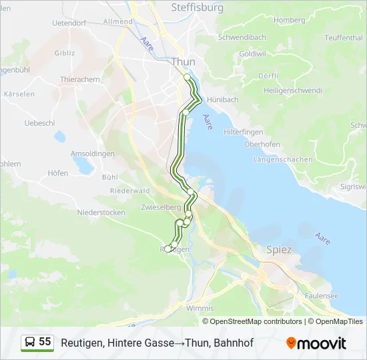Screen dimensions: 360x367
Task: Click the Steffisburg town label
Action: pyautogui.click(x=198, y=8)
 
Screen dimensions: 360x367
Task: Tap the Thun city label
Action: pyautogui.click(x=183, y=62)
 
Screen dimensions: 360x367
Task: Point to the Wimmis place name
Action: pyautogui.click(x=200, y=309)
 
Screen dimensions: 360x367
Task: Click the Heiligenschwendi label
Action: pyautogui.click(x=293, y=91)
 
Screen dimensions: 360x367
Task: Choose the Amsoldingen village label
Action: pyautogui.click(x=93, y=153)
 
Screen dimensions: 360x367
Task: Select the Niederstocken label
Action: pyautogui.click(x=101, y=213)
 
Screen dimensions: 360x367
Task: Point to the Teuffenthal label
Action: pyautogui.click(x=344, y=38)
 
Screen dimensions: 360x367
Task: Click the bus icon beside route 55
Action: pyautogui.click(x=31, y=342)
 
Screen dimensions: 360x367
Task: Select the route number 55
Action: pyautogui.click(x=45, y=342)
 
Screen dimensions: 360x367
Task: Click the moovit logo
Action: pyautogui.click(x=316, y=343)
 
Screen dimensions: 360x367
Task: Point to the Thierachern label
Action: pyautogui.click(x=80, y=79)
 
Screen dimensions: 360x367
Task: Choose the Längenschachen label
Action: pyautogui.click(x=283, y=160)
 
